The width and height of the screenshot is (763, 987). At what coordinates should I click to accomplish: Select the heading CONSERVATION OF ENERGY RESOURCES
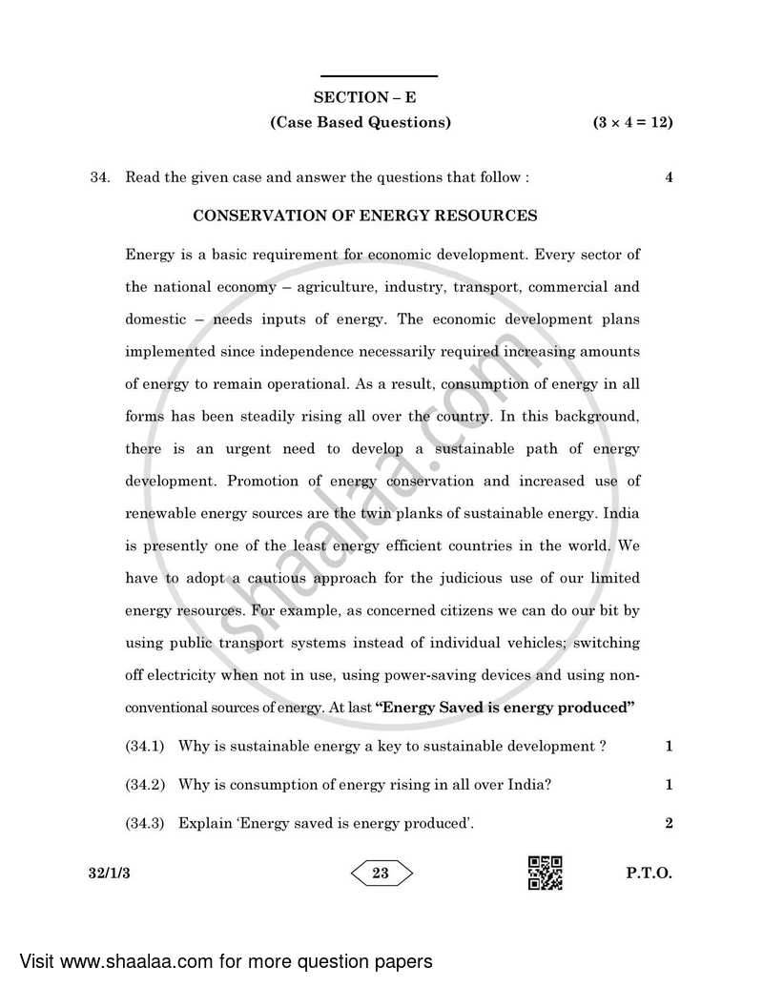(x=365, y=216)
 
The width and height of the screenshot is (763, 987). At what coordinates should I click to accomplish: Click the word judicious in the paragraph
(x=474, y=578)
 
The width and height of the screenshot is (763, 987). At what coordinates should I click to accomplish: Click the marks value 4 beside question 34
(x=669, y=177)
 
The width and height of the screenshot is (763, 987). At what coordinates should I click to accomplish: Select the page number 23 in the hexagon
(x=381, y=873)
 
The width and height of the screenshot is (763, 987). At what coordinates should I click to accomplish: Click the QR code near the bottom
(x=545, y=873)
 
